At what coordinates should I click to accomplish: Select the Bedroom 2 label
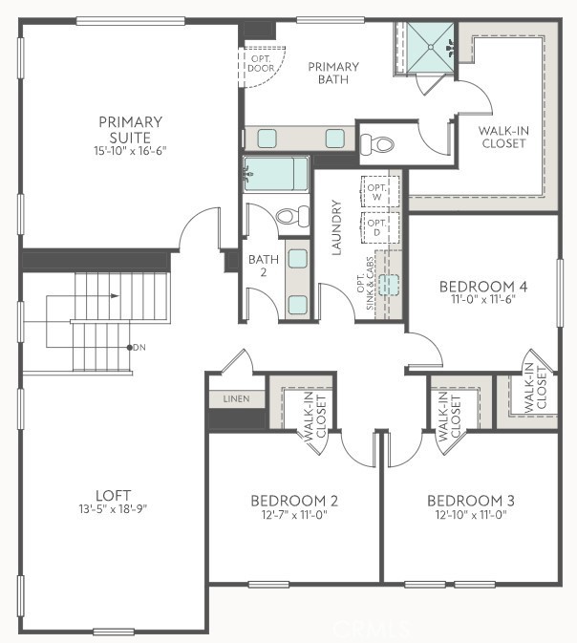tap(294, 501)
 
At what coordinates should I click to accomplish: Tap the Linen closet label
tap(236, 397)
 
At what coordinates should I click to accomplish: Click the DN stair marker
tap(139, 347)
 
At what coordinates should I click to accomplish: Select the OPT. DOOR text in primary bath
tap(260, 63)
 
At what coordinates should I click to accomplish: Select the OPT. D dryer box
tap(377, 226)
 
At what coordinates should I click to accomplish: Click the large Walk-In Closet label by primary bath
tap(502, 136)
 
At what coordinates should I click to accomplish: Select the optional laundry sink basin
tap(388, 284)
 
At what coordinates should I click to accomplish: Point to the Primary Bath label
tap(333, 73)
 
